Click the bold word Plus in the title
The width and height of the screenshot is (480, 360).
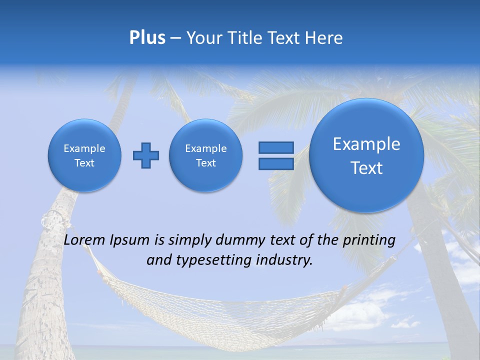147,38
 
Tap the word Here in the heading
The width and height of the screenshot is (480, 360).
324,38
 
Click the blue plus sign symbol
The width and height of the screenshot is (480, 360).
146,155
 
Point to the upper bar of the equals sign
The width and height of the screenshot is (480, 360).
275,147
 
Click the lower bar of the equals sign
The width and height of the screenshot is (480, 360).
275,164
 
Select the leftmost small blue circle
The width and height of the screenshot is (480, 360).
84,155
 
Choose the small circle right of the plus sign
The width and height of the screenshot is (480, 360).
206,155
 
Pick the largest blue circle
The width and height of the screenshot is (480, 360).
366,155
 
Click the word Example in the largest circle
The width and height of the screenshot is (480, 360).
366,144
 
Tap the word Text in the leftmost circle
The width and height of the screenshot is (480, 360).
84,163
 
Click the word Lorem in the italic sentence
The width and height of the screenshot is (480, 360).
85,240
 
